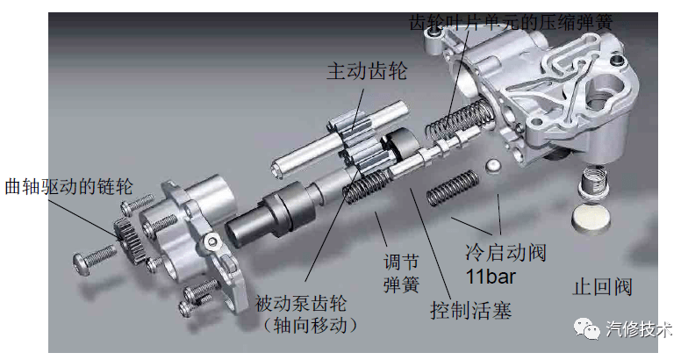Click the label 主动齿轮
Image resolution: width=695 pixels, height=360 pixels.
pyautogui.click(x=367, y=71)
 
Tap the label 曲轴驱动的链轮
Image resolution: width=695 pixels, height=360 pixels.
pyautogui.click(x=68, y=186)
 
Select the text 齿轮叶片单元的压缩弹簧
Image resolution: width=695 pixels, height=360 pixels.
pyautogui.click(x=511, y=21)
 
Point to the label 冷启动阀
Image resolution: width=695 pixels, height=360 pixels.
pyautogui.click(x=505, y=253)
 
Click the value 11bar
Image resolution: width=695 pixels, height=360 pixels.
pyautogui.click(x=491, y=277)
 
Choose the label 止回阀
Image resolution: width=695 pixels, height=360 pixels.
pyautogui.click(x=602, y=287)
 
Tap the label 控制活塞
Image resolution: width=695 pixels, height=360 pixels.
pyautogui.click(x=470, y=310)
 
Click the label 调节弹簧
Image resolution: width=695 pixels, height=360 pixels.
pyautogui.click(x=401, y=273)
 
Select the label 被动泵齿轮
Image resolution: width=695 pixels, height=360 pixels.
pyautogui.click(x=300, y=304)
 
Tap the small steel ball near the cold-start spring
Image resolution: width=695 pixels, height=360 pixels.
pyautogui.click(x=493, y=167)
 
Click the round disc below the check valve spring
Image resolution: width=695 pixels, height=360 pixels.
pyautogui.click(x=592, y=217)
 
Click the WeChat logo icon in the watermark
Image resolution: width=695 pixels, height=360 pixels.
pyautogui.click(x=587, y=329)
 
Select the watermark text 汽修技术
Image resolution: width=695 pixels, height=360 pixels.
pyautogui.click(x=639, y=329)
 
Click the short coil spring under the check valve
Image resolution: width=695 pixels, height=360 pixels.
pyautogui.click(x=595, y=178)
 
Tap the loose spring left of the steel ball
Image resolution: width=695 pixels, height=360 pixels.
pyautogui.click(x=453, y=188)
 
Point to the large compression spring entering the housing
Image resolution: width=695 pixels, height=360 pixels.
pyautogui.click(x=459, y=117)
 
